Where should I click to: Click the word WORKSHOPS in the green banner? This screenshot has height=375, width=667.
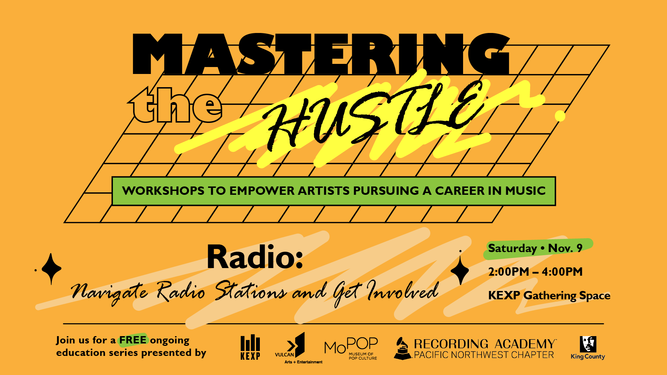point(163,191)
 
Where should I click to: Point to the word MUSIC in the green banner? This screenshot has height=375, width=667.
point(525,191)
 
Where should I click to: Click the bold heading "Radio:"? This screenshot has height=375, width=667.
point(255,257)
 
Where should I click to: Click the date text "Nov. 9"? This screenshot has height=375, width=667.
point(565,248)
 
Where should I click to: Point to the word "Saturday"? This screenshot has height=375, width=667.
point(512,249)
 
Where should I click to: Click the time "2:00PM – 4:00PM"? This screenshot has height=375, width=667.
point(535,272)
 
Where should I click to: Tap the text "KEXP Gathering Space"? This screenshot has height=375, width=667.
point(549,295)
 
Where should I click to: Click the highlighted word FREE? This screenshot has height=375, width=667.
point(133,340)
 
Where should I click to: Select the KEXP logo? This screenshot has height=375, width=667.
point(250,347)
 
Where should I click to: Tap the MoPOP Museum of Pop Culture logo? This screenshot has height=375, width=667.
point(351,348)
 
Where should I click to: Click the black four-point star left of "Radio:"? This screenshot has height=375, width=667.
point(51,269)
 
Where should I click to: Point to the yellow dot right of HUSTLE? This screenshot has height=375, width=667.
point(560,116)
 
